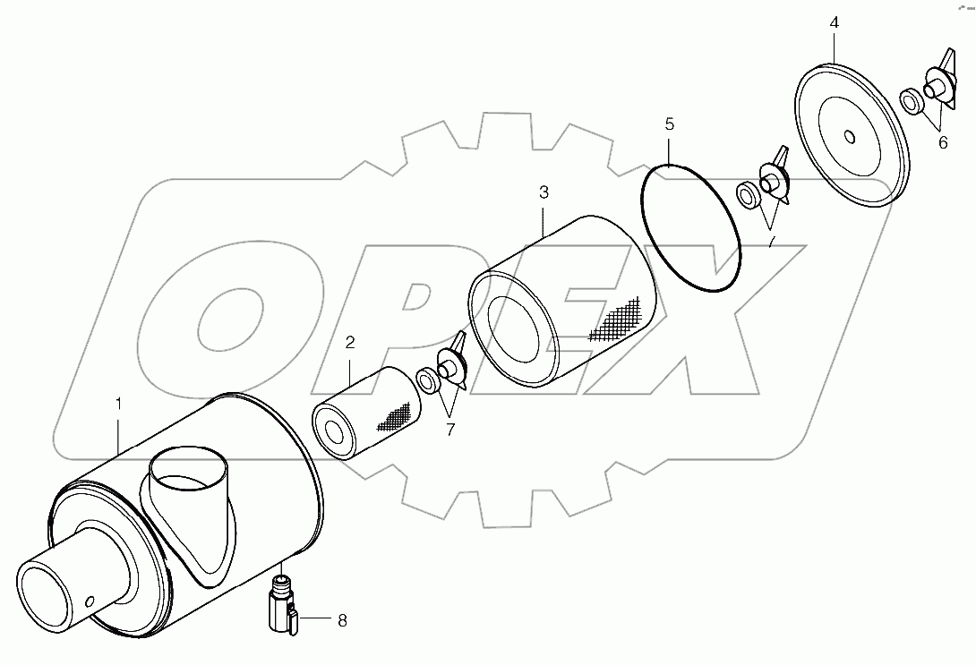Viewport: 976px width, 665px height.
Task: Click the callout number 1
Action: point(119,405)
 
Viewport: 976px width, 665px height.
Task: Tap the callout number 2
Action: point(350,342)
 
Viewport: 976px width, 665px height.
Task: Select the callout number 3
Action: point(544,192)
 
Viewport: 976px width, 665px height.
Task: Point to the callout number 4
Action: point(834,22)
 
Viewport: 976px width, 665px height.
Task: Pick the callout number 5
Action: point(670,124)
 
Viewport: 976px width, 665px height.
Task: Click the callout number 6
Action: point(942,142)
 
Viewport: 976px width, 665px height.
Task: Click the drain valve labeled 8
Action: point(280,608)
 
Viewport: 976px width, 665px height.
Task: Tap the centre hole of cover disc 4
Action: point(849,137)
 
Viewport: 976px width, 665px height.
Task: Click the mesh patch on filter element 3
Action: point(620,319)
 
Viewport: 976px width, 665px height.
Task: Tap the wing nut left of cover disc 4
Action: point(772,176)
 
